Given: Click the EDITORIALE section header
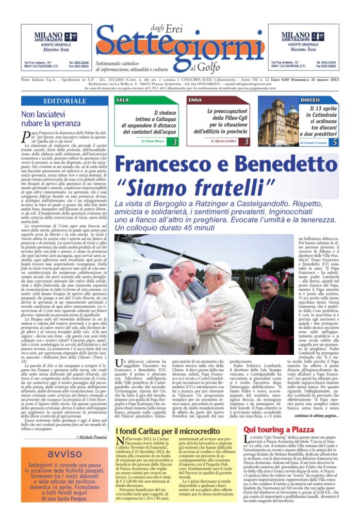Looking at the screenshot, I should click(64, 101).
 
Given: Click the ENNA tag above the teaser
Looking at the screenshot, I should click(195, 100).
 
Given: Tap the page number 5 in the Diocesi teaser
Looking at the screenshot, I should click(335, 141).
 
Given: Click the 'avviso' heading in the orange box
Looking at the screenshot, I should click(64, 454).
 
